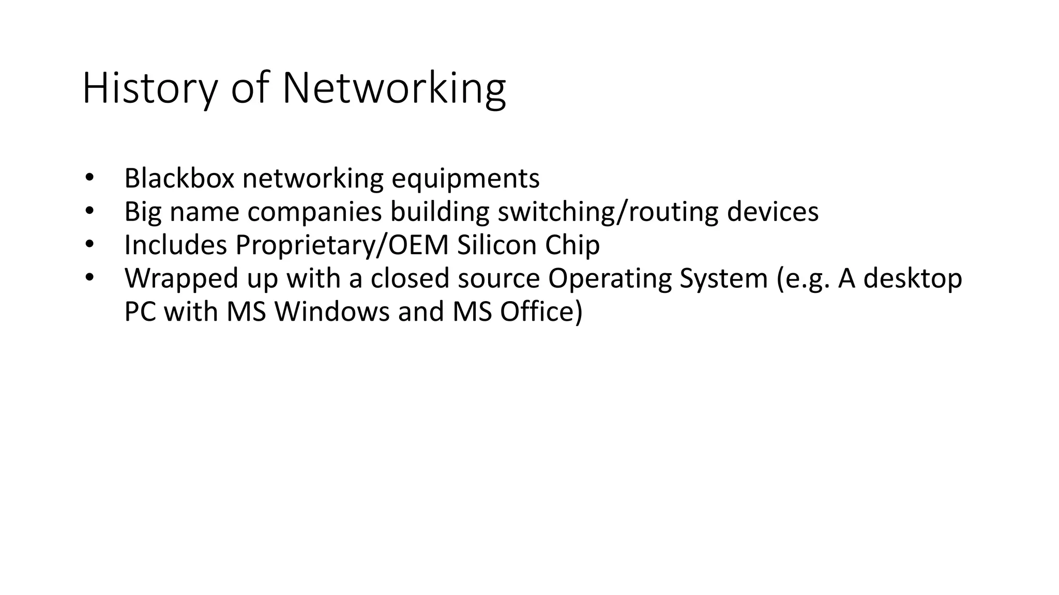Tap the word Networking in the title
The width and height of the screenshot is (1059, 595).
point(394,89)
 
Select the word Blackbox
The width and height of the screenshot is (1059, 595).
point(179,179)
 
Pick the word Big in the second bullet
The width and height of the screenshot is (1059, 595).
point(143,212)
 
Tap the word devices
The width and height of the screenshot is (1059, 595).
point(773,211)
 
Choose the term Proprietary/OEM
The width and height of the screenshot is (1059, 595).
point(342,245)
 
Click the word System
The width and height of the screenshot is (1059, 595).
point(723,279)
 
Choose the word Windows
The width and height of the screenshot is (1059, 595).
point(331,311)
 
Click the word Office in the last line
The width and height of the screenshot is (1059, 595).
point(540,311)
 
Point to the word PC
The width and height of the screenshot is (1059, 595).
point(140,311)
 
